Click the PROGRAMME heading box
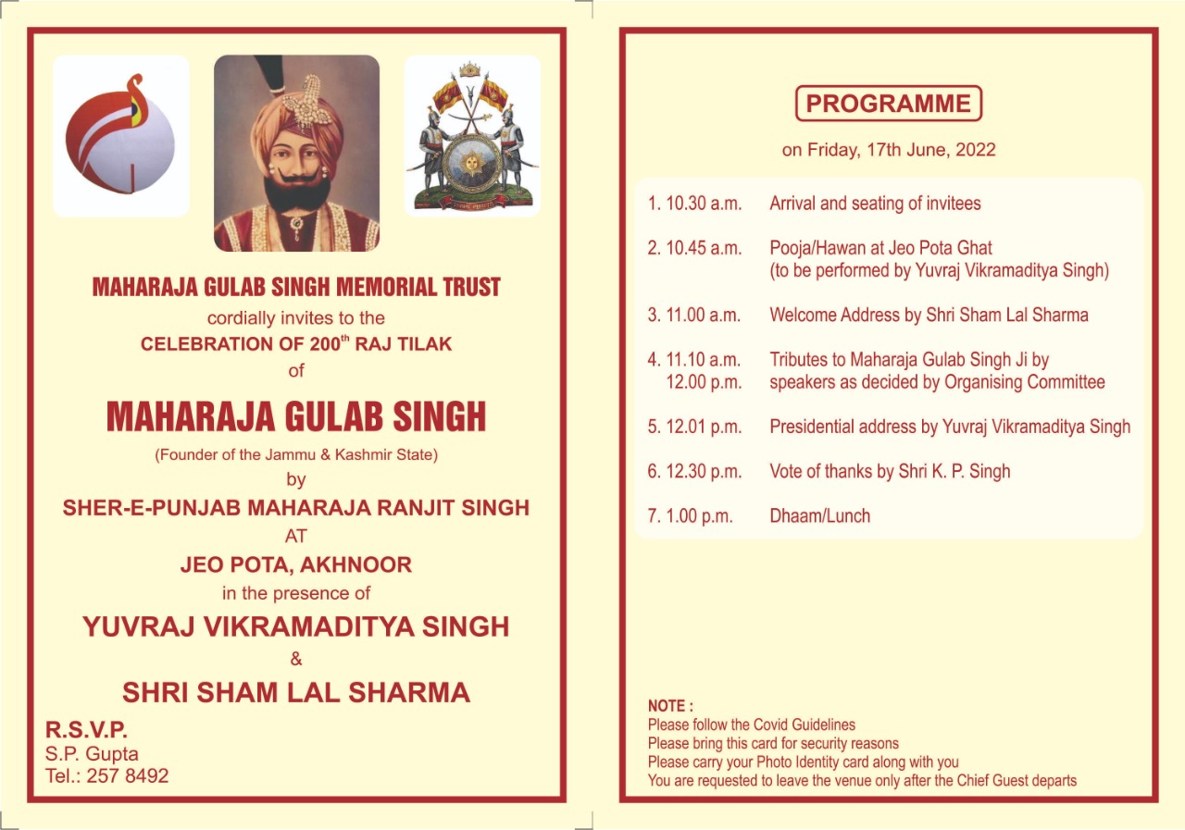[x=888, y=103]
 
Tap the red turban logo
[x=120, y=135]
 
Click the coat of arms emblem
[x=472, y=136]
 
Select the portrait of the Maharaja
[x=296, y=153]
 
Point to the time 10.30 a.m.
[x=704, y=204]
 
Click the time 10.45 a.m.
[x=704, y=248]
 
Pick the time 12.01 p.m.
[x=704, y=427]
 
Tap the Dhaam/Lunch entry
[x=819, y=516]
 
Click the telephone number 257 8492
[x=128, y=775]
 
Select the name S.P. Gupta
[x=92, y=753]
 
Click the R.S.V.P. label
[x=86, y=729]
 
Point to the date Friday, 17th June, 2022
[x=902, y=150]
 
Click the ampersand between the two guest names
[x=296, y=659]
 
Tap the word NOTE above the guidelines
[x=667, y=706]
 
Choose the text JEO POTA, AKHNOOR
[x=296, y=564]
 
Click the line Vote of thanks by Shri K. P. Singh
[x=890, y=471]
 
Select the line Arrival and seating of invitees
[x=875, y=204]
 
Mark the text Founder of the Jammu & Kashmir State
[x=296, y=454]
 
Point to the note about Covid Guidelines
[x=752, y=725]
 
